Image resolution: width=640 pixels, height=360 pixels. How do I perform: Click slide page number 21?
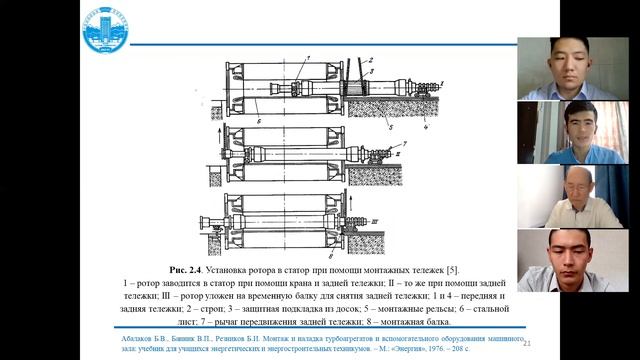(x=527, y=341)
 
